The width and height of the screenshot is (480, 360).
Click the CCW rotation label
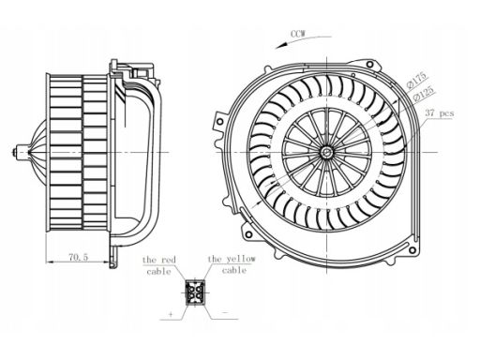pyautogui.click(x=298, y=34)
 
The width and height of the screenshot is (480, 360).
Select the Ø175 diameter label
pyautogui.click(x=416, y=80)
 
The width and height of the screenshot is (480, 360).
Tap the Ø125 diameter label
pyautogui.click(x=424, y=94)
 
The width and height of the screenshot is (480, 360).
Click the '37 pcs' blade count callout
pyautogui.click(x=440, y=112)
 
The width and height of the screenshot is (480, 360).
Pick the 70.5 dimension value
pyautogui.click(x=78, y=257)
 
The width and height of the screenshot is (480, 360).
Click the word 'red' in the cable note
pyautogui.click(x=169, y=260)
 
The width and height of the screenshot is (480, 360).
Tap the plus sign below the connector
pyautogui.click(x=171, y=314)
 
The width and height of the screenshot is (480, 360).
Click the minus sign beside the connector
pyautogui.click(x=224, y=312)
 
